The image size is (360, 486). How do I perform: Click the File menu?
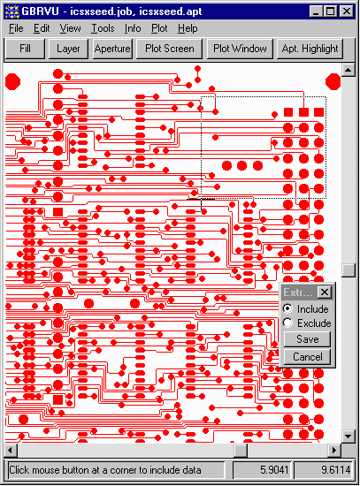[x=16, y=28]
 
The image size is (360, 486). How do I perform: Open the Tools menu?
[x=103, y=28]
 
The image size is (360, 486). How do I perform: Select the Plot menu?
[x=159, y=28]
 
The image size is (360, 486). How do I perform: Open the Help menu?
[x=188, y=28]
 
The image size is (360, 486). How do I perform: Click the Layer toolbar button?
[x=68, y=49]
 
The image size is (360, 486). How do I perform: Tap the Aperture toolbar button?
[x=112, y=49]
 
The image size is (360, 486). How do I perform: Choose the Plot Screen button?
[x=170, y=49]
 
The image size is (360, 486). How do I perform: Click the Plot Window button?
[x=240, y=49]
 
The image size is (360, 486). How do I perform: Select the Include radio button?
[x=287, y=308]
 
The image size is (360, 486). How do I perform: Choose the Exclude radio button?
[x=287, y=323]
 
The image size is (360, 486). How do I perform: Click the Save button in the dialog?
[x=307, y=339]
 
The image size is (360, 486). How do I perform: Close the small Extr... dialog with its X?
[x=325, y=292]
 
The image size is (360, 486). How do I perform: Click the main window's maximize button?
[x=330, y=11]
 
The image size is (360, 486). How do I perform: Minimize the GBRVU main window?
[x=317, y=11]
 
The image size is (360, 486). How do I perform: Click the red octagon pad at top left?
[x=12, y=82]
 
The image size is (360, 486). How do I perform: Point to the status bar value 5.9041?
[x=274, y=470]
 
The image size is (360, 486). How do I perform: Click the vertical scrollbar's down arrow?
[x=348, y=437]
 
